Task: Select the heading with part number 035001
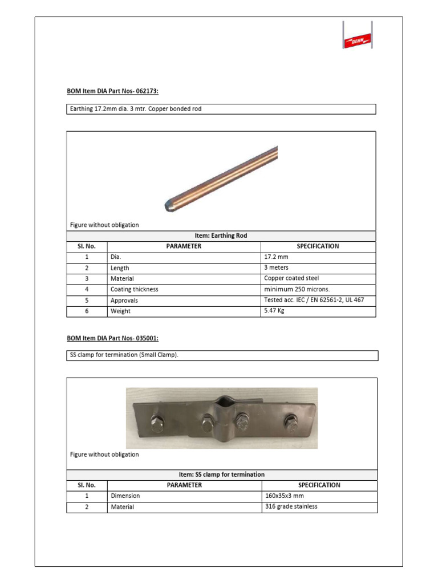pyautogui.click(x=113, y=338)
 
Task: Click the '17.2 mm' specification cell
pyautogui.click(x=276, y=257)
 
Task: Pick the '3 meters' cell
pyautogui.click(x=277, y=267)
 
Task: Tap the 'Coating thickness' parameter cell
pyautogui.click(x=134, y=289)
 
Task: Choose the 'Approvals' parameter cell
pyautogui.click(x=124, y=300)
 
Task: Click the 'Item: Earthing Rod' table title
pyautogui.click(x=221, y=236)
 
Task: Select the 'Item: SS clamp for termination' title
pyautogui.click(x=222, y=474)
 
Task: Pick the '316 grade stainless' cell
pyautogui.click(x=291, y=506)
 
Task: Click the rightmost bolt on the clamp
pyautogui.click(x=291, y=423)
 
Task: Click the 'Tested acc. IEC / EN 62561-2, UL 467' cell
pyautogui.click(x=314, y=300)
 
